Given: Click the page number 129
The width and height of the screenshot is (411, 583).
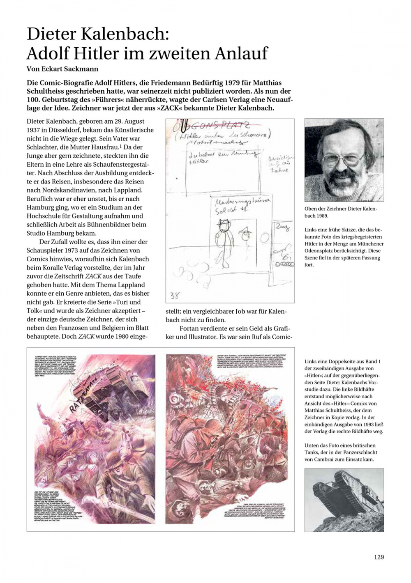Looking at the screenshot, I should [x=379, y=557].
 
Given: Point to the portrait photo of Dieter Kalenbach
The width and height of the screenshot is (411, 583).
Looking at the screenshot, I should [x=344, y=160].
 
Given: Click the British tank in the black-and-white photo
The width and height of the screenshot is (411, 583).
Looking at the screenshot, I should [x=341, y=492].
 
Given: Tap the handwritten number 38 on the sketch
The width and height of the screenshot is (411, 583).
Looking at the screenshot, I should [x=175, y=295].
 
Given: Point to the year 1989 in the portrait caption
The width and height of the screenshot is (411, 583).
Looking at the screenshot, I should [x=322, y=216].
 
